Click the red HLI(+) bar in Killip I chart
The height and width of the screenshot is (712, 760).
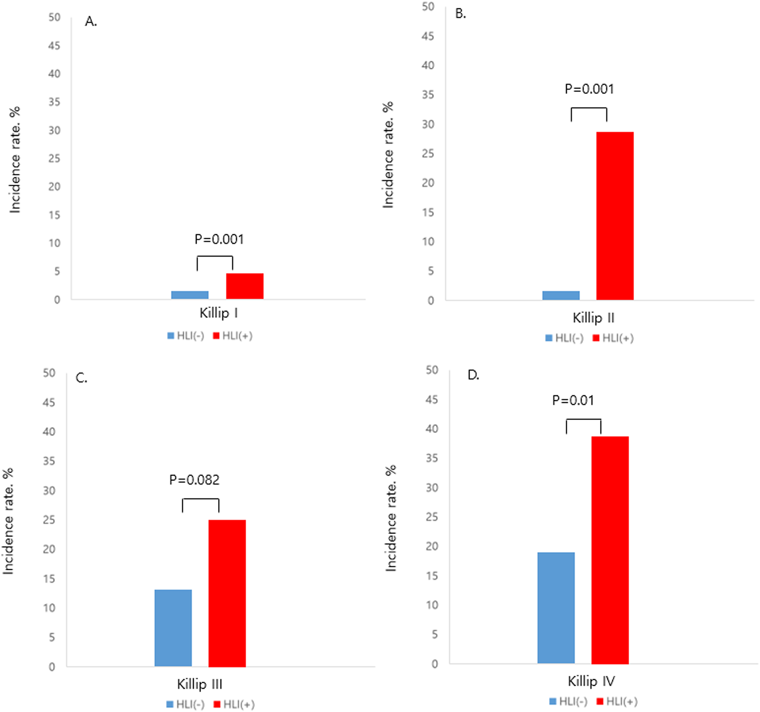245,286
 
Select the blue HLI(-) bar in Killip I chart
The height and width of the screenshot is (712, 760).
190,295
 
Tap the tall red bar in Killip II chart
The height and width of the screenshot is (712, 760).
615,216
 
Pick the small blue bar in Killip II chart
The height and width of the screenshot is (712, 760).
561,295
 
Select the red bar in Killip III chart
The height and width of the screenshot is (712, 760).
227,593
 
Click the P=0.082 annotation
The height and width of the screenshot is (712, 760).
194,480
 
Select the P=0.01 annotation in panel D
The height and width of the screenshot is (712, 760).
573,400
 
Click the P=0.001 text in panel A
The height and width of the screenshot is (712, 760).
219,239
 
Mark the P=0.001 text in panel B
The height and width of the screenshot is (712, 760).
589,89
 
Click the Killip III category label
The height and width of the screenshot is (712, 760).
199,684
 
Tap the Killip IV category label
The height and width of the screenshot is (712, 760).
591,681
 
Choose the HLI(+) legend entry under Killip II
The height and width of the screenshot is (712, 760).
613,338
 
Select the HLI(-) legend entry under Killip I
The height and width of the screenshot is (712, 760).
186,336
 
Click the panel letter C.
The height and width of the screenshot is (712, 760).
81,378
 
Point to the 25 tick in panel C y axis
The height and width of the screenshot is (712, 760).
49,520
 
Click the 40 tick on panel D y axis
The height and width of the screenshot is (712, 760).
432,429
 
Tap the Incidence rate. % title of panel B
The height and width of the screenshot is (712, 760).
388,155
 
